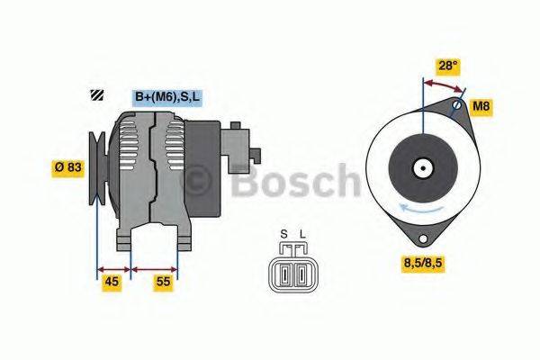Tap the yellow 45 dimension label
111,282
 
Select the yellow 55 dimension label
162,282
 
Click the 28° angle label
448,66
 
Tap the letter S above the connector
283,236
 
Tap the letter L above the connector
301,236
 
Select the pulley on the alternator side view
97,166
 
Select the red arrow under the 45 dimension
113,267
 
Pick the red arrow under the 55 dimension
155,267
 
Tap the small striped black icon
94,96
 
